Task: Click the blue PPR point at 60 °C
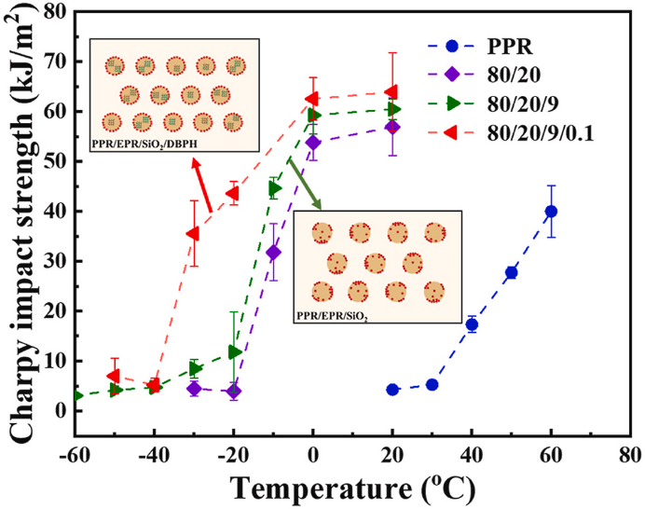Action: (x=551, y=212)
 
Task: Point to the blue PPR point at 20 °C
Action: (x=392, y=390)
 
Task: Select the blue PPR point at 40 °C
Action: (x=472, y=324)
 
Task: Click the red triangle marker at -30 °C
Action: (x=193, y=233)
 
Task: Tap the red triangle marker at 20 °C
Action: (x=391, y=91)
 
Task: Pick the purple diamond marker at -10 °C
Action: (x=273, y=252)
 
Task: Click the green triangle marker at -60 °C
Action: (x=76, y=395)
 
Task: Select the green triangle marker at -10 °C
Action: (x=275, y=188)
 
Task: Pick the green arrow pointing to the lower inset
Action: (x=304, y=184)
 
